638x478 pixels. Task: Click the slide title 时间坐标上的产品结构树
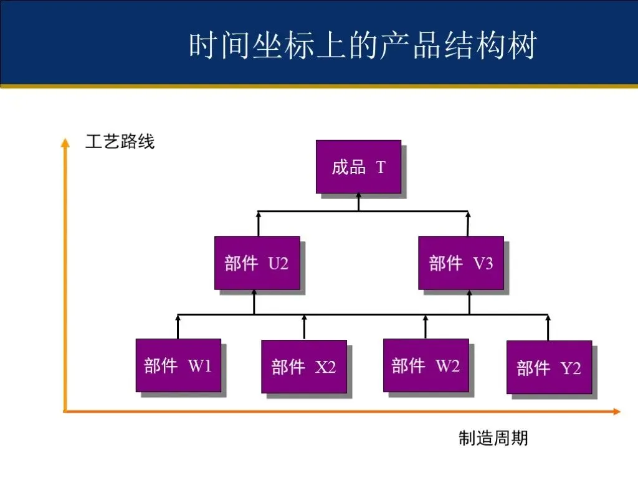362,47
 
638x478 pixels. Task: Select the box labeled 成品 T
358,166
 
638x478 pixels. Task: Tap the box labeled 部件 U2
257,263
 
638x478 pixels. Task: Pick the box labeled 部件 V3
460,263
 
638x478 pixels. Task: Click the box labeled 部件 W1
178,365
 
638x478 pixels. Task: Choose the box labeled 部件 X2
303,367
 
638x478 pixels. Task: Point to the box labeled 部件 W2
426,365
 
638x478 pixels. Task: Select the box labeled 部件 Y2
549,367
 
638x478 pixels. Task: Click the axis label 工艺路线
120,143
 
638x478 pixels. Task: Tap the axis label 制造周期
493,438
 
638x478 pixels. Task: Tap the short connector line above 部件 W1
178,327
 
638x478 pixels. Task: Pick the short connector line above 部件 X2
304,327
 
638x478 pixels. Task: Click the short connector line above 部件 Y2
548,328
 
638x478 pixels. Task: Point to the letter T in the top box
381,167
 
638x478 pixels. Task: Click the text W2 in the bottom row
447,365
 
